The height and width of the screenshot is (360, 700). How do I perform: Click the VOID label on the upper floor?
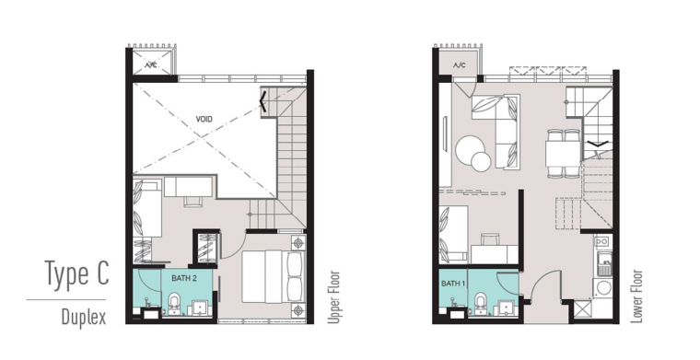tap(204, 119)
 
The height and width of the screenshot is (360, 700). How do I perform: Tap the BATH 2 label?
tap(184, 278)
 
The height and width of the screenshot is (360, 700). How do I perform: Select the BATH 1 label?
tap(453, 284)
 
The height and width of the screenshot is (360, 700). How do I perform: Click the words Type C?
tap(76, 273)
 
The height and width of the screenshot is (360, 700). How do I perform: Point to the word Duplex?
tap(84, 317)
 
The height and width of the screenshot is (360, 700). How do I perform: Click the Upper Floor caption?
tap(334, 297)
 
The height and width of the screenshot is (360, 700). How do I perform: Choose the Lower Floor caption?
tap(636, 296)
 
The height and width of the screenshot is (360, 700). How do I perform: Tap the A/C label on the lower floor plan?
tap(460, 65)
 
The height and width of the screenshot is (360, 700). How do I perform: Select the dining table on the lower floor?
tap(563, 154)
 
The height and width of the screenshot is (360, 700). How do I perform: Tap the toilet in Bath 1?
tap(481, 304)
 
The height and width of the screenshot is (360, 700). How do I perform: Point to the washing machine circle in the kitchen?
tap(603, 288)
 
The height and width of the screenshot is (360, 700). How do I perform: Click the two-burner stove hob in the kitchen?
tap(601, 242)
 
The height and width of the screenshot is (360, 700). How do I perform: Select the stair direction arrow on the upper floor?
tap(263, 101)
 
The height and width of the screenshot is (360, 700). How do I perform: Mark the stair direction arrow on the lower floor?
tap(597, 144)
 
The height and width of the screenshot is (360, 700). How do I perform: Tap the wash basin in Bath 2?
tap(200, 308)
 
